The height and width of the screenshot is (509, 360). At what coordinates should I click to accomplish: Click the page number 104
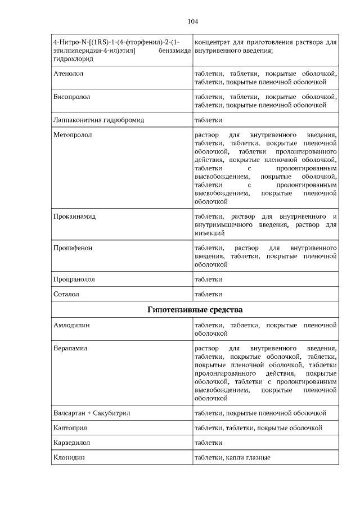click(x=192, y=22)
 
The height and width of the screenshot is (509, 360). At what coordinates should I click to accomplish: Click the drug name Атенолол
click(x=67, y=73)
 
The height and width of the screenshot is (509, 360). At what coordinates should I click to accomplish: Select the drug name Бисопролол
click(x=71, y=97)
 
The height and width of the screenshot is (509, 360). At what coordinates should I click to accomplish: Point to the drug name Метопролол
click(x=73, y=135)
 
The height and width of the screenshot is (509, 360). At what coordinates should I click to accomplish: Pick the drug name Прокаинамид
click(x=74, y=216)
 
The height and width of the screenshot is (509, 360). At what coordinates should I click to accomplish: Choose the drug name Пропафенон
click(x=73, y=247)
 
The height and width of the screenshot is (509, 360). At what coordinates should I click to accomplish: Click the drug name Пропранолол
click(x=74, y=279)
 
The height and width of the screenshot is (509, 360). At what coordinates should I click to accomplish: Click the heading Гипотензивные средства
click(x=195, y=309)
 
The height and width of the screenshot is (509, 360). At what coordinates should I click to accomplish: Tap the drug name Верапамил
click(x=70, y=349)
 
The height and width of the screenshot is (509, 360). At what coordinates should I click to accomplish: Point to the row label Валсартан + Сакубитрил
click(x=92, y=413)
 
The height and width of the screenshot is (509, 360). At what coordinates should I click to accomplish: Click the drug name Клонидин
click(x=69, y=458)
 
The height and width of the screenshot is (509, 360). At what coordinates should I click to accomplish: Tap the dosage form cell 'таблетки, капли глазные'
click(x=232, y=458)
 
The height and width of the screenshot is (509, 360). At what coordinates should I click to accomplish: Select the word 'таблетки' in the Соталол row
click(x=208, y=294)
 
